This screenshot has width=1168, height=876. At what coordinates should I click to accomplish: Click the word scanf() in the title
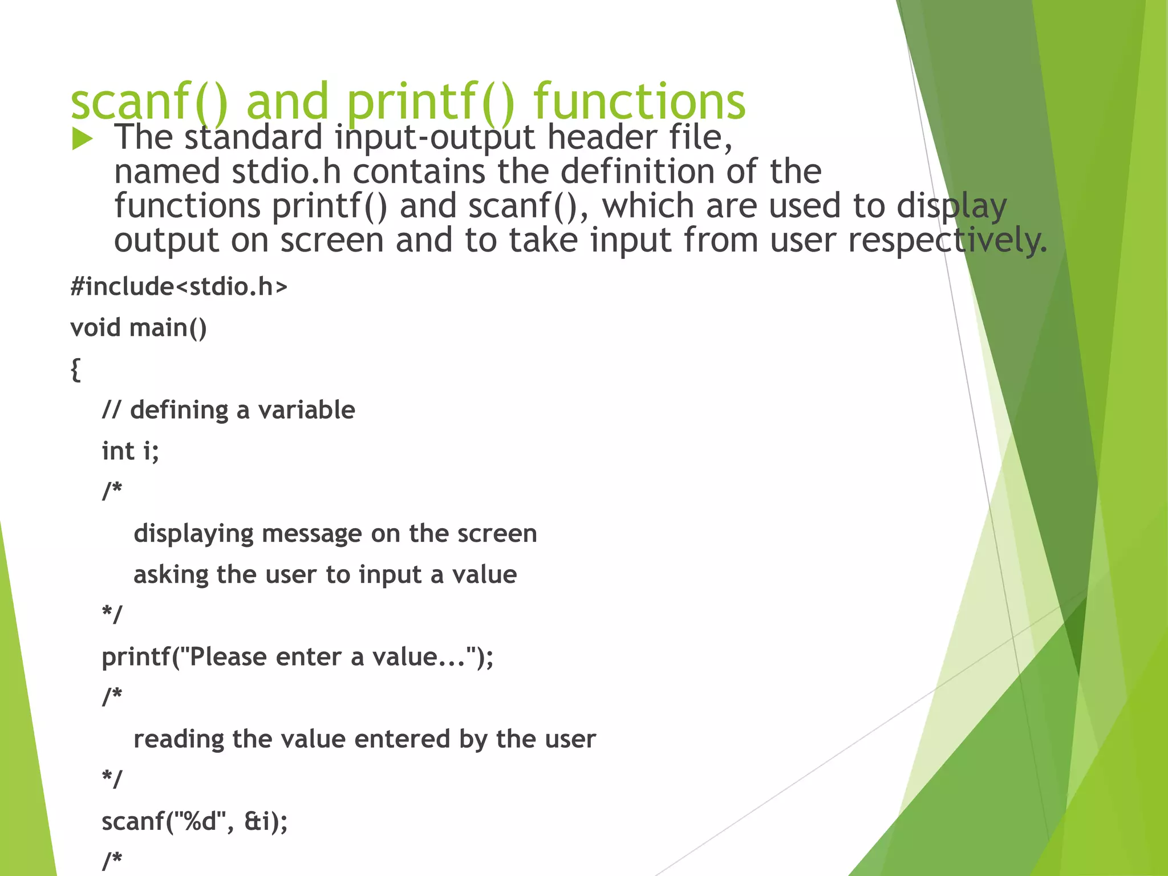click(149, 102)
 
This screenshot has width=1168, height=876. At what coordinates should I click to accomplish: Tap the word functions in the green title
click(639, 102)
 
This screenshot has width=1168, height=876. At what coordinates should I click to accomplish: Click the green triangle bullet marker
click(82, 139)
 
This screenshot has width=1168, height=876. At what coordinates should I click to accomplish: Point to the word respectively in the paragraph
click(947, 241)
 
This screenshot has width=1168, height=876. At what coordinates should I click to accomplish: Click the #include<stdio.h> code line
click(179, 287)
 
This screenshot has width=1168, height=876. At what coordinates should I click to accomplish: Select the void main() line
click(139, 328)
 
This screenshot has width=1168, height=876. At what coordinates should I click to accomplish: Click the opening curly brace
click(75, 370)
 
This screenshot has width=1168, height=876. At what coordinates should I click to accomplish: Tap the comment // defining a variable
click(228, 410)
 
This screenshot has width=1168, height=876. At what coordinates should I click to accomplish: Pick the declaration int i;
click(130, 451)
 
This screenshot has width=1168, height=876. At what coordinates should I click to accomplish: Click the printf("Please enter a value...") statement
click(297, 657)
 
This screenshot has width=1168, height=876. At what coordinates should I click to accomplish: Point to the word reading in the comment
click(179, 740)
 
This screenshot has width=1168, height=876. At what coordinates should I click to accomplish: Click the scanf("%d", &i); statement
click(194, 822)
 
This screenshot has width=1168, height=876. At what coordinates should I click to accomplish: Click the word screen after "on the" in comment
click(497, 534)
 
